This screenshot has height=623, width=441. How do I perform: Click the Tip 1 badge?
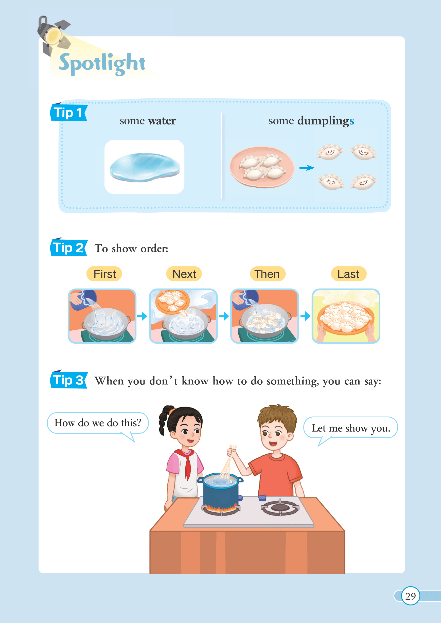69,112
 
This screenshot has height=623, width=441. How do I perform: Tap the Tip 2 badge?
69,247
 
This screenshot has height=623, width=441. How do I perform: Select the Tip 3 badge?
69,380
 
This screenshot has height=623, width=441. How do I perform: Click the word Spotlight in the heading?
102,64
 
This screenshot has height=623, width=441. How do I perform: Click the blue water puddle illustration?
145,167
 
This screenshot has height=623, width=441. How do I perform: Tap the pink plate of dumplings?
262,167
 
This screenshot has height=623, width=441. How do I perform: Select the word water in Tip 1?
162,121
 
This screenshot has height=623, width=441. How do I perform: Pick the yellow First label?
104,274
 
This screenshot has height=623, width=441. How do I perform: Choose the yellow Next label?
184,274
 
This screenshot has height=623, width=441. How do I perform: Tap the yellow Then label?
268,274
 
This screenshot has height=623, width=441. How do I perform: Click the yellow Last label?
349,274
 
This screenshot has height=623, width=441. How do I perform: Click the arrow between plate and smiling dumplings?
307,168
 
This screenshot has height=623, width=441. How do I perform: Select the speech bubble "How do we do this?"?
98,423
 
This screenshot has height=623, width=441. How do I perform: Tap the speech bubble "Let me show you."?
350,428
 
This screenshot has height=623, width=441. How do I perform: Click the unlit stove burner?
280,507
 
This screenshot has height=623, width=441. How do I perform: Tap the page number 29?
410,596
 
